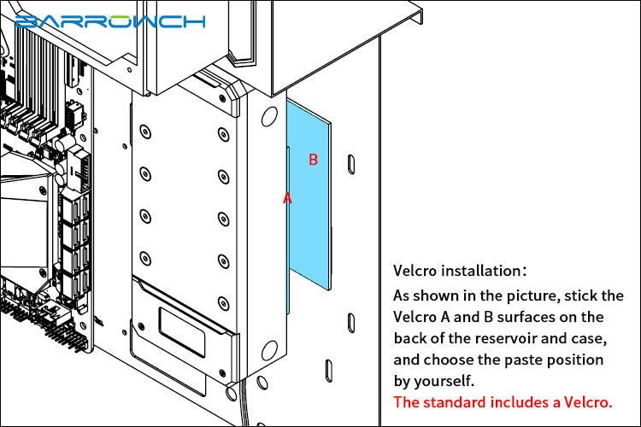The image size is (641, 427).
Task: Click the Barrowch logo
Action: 110,21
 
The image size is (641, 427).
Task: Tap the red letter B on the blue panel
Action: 313,160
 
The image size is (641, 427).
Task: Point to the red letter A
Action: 287,198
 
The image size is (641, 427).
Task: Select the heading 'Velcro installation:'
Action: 460,271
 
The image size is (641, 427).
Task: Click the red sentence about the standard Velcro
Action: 503,402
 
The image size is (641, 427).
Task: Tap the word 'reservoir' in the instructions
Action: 506,338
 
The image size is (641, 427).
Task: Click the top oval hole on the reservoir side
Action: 269,117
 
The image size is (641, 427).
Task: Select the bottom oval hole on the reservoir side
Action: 269,351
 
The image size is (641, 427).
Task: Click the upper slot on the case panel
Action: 351,165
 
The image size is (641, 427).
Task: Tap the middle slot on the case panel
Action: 351,323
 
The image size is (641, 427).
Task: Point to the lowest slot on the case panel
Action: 329,371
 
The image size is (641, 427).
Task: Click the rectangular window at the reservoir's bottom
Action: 182,332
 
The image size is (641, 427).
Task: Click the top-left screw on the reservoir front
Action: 145,132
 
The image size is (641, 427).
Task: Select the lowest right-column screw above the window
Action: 223,304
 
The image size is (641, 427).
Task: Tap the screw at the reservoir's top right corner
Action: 222,98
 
